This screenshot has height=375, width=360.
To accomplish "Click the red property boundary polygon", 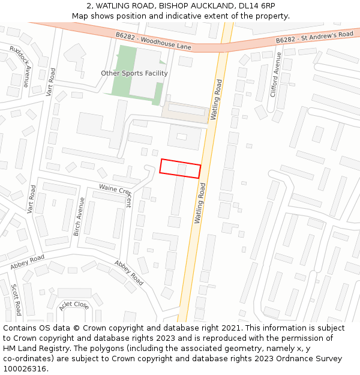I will (x=180, y=169).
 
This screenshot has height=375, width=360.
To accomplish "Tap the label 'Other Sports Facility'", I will (x=134, y=73).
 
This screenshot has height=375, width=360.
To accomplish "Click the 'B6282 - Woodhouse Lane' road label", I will (x=153, y=40).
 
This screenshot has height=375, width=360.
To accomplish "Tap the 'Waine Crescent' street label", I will (x=113, y=193).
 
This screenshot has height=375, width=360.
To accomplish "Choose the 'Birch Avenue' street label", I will (x=78, y=216).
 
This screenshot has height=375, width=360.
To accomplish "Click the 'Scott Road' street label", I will (x=16, y=299).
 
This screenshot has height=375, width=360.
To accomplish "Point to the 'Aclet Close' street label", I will (x=74, y=305).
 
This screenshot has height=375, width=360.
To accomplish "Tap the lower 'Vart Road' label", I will (x=32, y=199).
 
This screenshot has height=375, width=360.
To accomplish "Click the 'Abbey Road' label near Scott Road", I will (x=27, y=262).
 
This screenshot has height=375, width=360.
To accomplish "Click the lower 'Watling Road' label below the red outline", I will (x=200, y=203).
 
